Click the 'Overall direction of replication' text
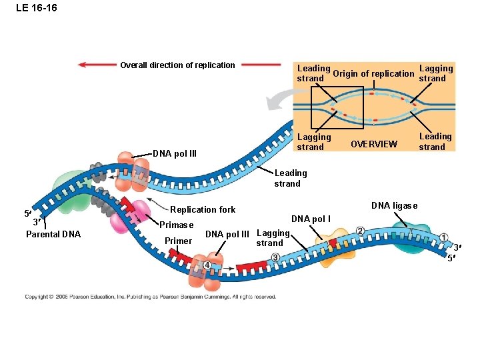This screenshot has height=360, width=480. [x=177, y=65]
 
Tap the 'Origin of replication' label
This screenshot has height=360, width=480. [x=373, y=73]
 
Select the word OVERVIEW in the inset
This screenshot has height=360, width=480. [x=374, y=144]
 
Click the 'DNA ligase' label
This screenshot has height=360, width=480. [x=394, y=205]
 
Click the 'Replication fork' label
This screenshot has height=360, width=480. [x=203, y=209]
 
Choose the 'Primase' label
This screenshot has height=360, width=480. [x=177, y=225]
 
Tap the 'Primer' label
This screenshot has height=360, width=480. [x=178, y=241]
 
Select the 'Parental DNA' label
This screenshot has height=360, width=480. [x=53, y=234]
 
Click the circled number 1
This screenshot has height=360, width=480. [x=444, y=238]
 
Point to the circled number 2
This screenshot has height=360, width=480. [x=360, y=231]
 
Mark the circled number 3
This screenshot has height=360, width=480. [x=275, y=257]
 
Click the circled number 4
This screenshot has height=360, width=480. [x=207, y=265]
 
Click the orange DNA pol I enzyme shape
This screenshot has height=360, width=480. [x=332, y=249]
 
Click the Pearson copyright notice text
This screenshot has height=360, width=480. [x=151, y=297]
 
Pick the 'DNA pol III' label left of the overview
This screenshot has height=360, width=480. [x=175, y=153]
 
